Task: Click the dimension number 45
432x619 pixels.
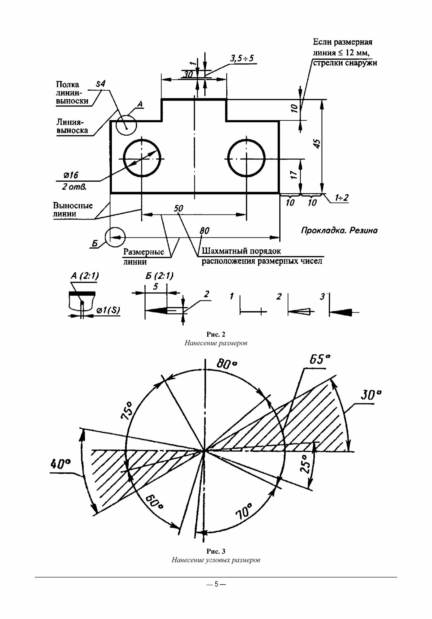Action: (x=317, y=143)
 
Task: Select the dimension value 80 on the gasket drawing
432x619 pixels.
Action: (x=204, y=231)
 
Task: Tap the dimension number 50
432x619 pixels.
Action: (x=178, y=208)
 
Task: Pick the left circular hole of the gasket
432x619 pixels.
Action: (x=142, y=158)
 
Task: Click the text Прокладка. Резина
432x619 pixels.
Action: (x=339, y=231)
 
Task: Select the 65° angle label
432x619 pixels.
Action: (x=320, y=360)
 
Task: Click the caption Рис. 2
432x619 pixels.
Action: (x=216, y=334)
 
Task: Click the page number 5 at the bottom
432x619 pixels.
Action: (x=216, y=584)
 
